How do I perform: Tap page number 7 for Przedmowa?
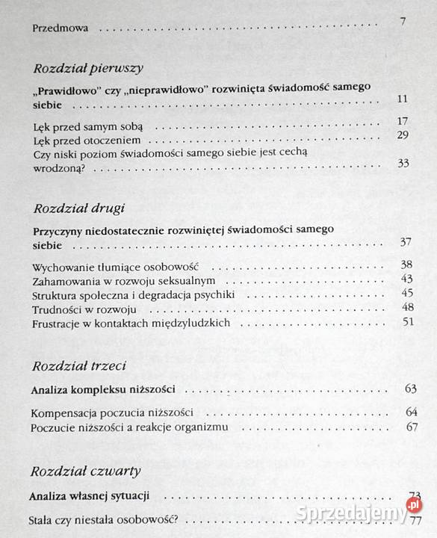(x=403, y=22)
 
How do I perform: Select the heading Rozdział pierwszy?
(x=88, y=68)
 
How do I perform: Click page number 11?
(x=403, y=99)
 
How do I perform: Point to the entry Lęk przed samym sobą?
(x=83, y=126)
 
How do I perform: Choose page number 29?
(x=403, y=134)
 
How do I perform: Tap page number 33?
(x=403, y=163)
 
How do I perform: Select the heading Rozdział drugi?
(x=79, y=207)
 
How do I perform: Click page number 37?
(x=406, y=241)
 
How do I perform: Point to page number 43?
(x=406, y=279)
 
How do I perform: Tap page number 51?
(x=407, y=321)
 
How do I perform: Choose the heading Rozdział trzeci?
(x=78, y=365)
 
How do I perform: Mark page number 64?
(x=411, y=412)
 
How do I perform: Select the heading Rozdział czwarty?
(x=85, y=471)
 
